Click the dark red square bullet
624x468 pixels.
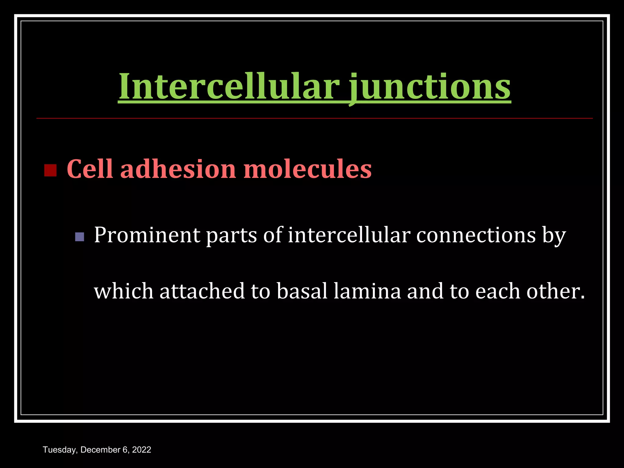point(50,170)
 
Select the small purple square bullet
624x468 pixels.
point(79,237)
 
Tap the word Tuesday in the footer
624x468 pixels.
point(60,450)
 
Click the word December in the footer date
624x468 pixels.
point(97,450)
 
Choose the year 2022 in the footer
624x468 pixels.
point(142,450)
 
